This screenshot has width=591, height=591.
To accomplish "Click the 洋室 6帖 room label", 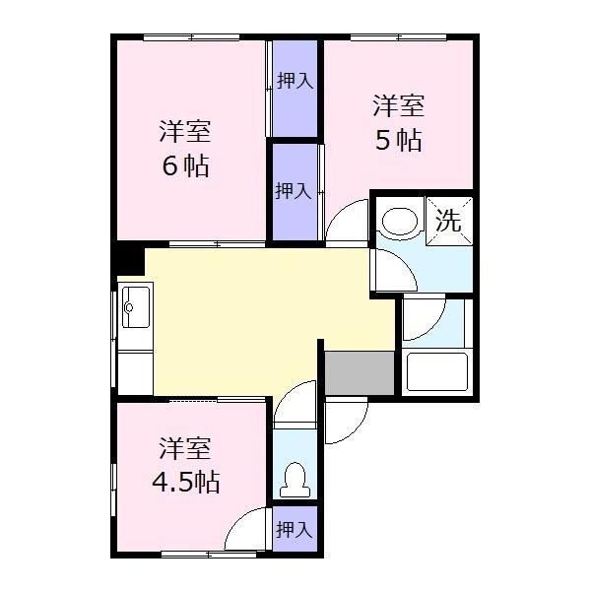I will pyautogui.click(x=185, y=149).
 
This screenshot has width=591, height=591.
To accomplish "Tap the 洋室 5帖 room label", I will pyautogui.click(x=398, y=123).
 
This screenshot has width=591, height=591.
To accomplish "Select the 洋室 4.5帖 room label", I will pyautogui.click(x=185, y=467).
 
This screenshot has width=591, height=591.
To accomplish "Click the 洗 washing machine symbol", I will pyautogui.click(x=448, y=221).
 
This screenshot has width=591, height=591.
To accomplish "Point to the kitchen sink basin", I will pyautogui.click(x=133, y=306).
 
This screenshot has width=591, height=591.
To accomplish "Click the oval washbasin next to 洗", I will pyautogui.click(x=399, y=223).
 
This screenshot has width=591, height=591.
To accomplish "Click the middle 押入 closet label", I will pyautogui.click(x=295, y=191).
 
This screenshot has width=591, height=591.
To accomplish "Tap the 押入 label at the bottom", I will pyautogui.click(x=295, y=530).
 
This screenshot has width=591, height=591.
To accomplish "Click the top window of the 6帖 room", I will pyautogui.click(x=192, y=38).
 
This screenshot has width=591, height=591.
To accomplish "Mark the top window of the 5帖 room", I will pyautogui.click(x=398, y=38).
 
